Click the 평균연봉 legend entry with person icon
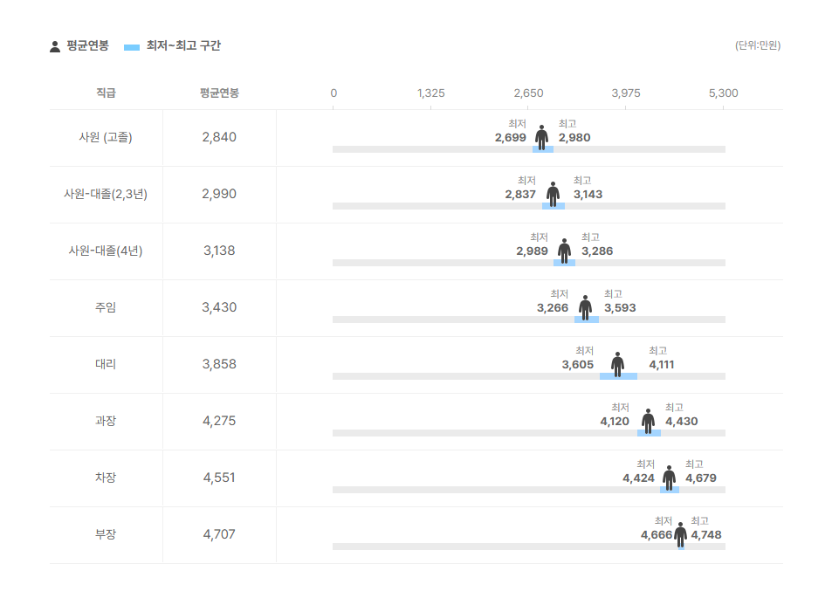click(79, 46)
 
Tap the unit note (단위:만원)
click(757, 45)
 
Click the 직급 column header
click(106, 93)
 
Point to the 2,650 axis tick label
click(528, 93)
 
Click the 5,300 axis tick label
click(723, 93)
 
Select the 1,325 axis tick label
click(430, 93)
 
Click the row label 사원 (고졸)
click(106, 137)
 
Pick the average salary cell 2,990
click(218, 194)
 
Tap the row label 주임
click(106, 307)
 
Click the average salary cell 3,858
click(218, 364)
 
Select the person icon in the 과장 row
click(648, 421)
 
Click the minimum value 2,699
click(510, 138)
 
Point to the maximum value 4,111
click(661, 365)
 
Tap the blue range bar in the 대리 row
click(618, 376)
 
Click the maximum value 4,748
click(705, 535)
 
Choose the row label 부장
click(106, 534)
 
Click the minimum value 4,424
click(638, 478)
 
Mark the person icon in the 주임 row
click(585, 307)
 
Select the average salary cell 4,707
click(218, 534)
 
